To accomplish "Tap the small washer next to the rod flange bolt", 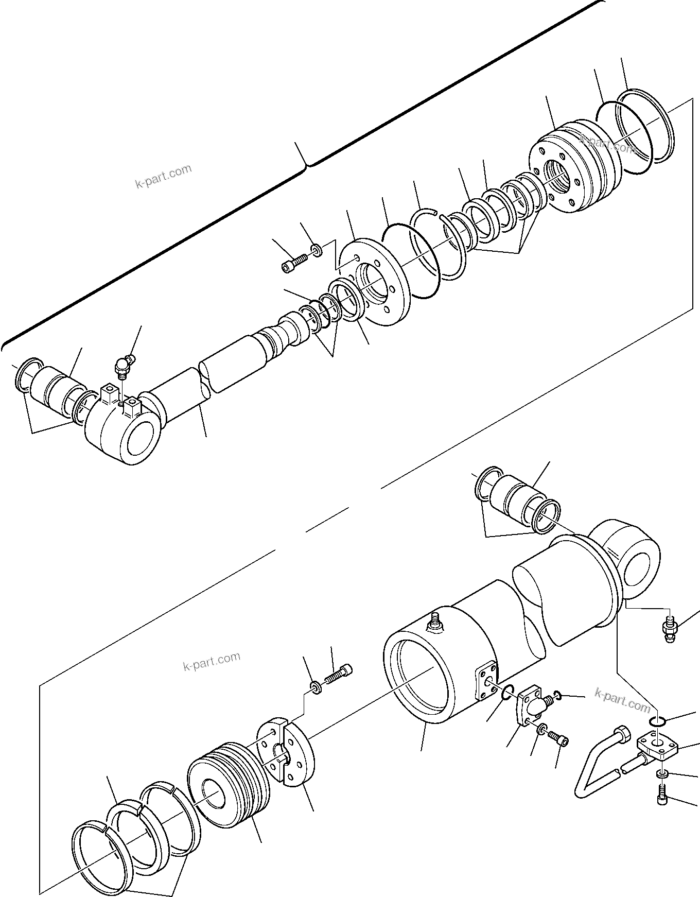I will coord(316,251).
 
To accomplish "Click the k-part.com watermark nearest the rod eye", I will coord(163,177).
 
